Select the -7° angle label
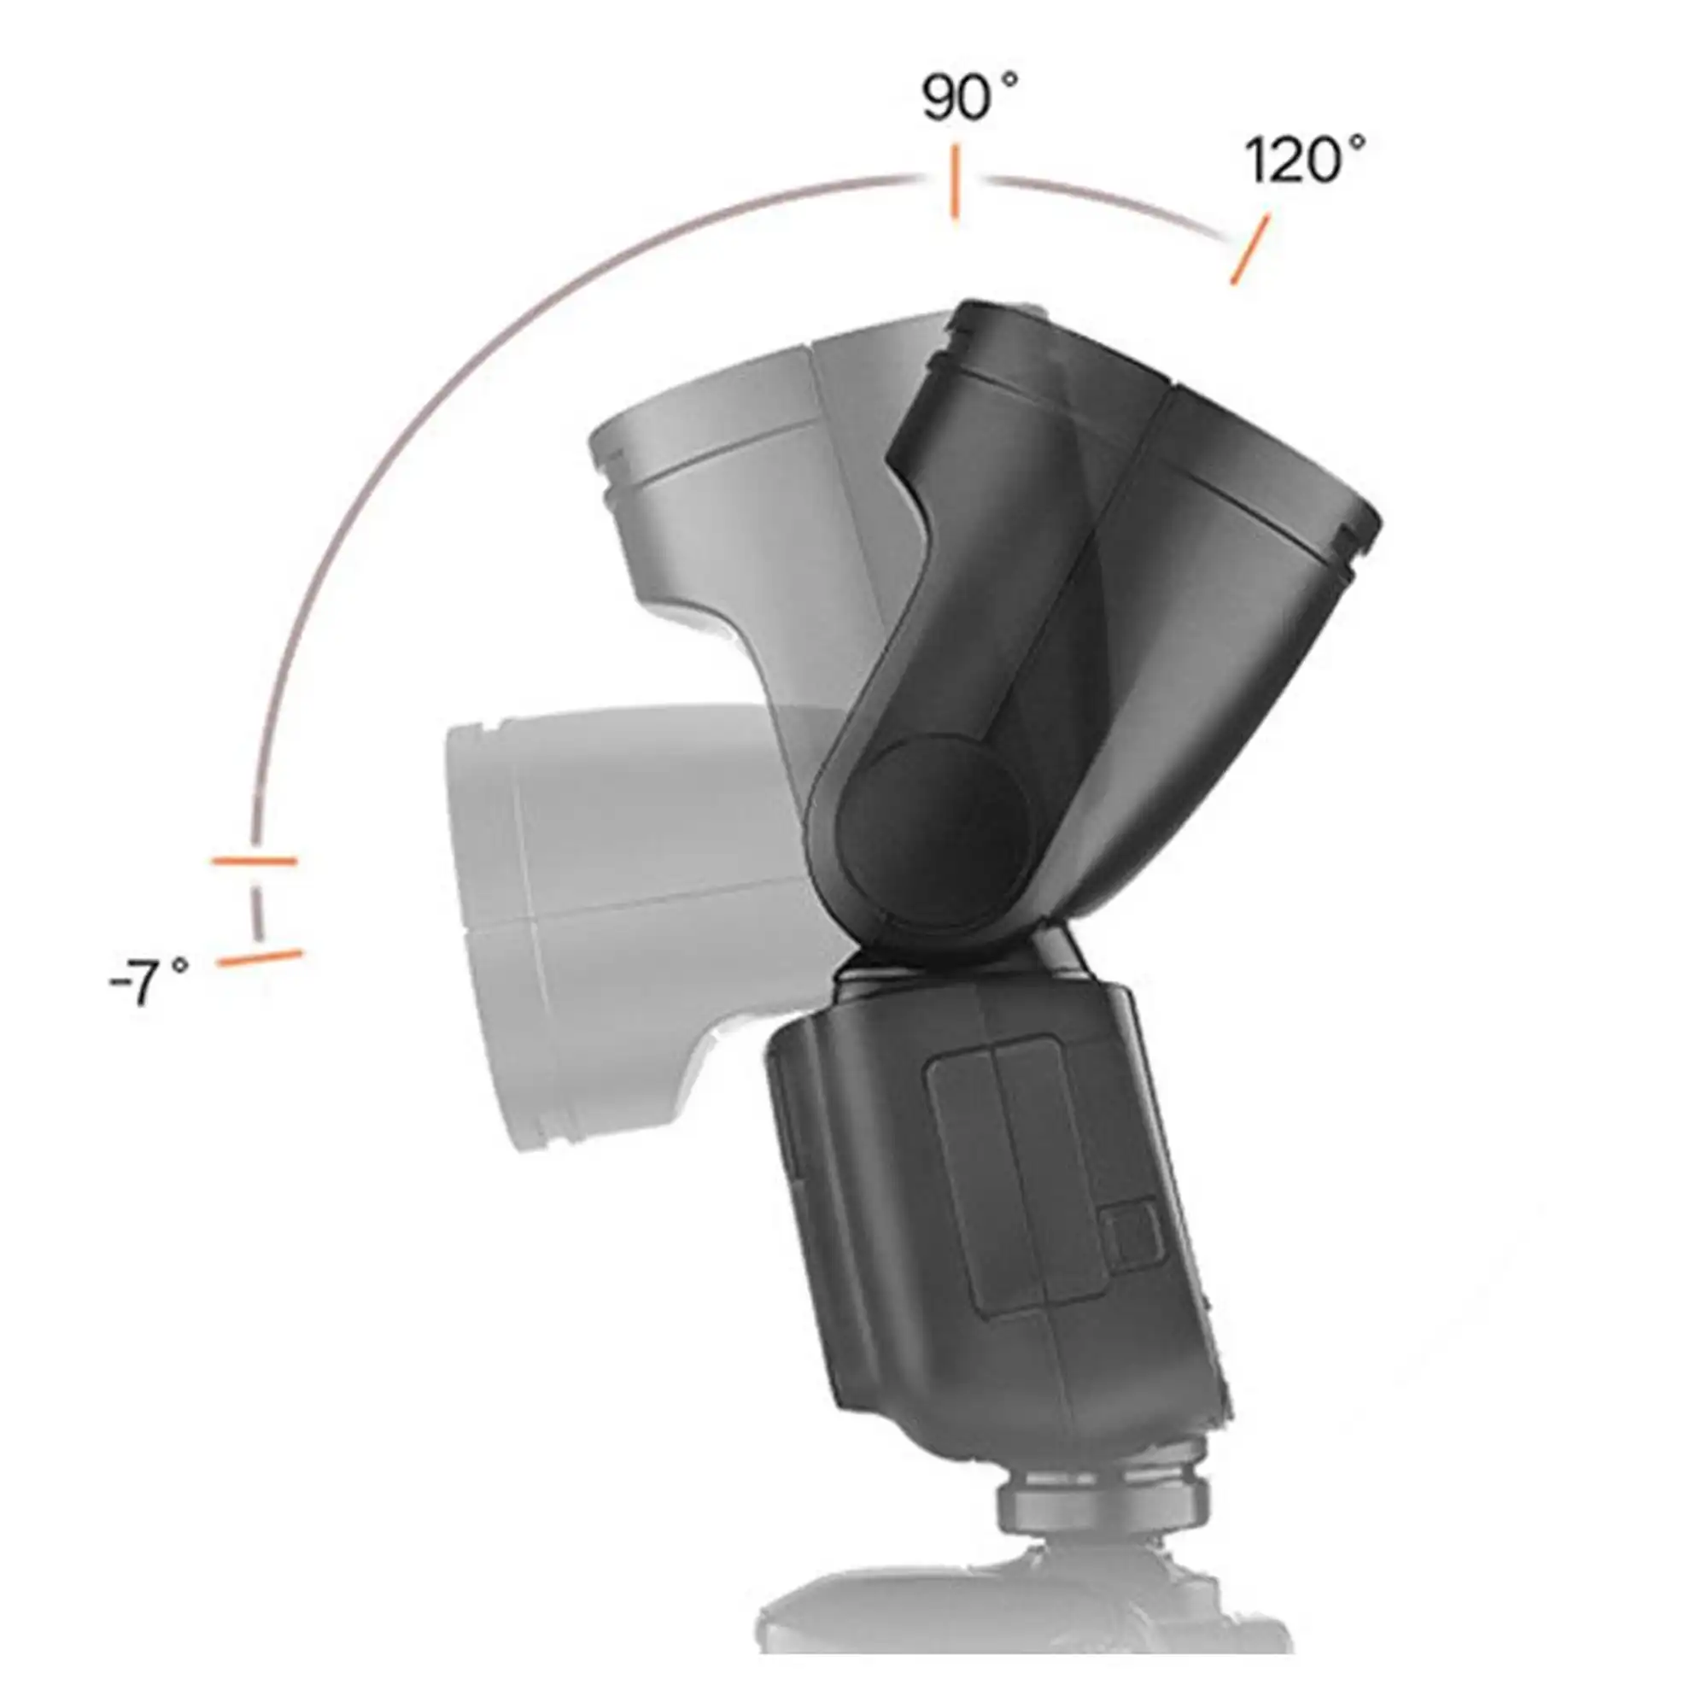(149, 982)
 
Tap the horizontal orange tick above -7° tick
(254, 860)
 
